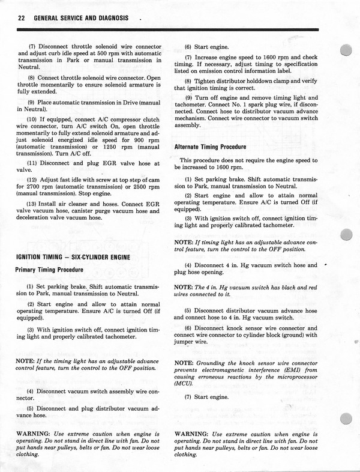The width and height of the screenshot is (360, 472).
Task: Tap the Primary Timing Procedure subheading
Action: click(x=53, y=270)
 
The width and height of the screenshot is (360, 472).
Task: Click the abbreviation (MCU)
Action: click(x=184, y=382)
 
